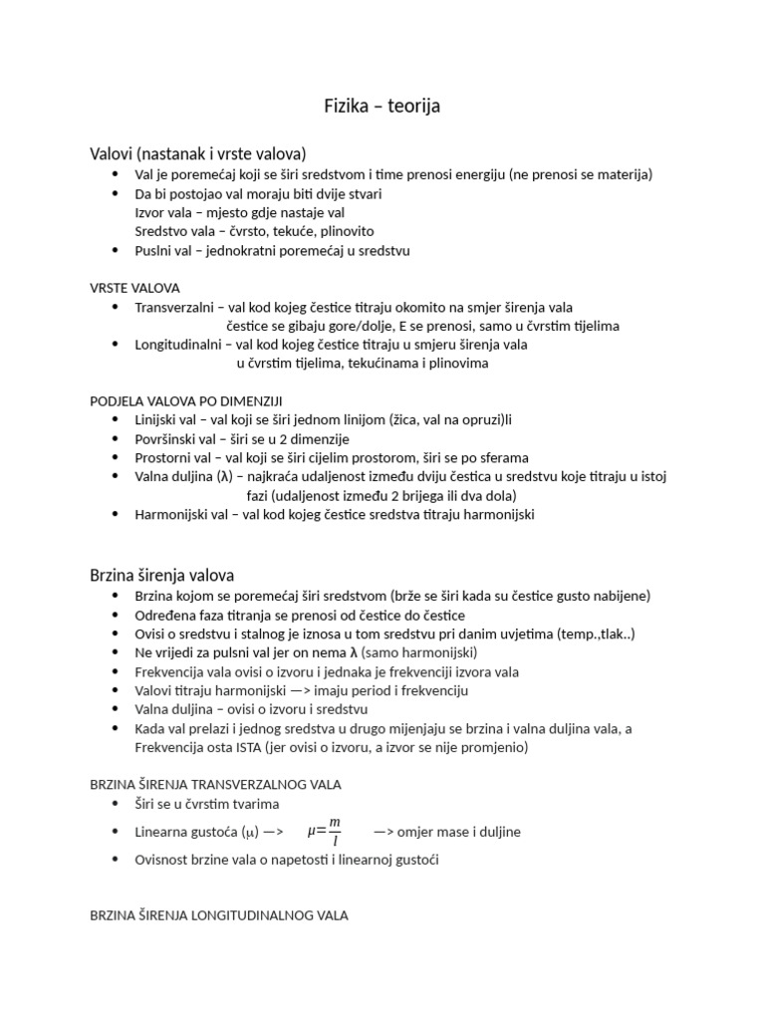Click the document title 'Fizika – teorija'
382,107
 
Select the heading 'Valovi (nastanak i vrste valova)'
198,153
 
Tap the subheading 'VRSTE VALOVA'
135,288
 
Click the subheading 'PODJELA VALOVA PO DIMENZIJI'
185,400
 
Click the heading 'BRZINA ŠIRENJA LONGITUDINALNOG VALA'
219,914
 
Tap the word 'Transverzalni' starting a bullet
171,307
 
